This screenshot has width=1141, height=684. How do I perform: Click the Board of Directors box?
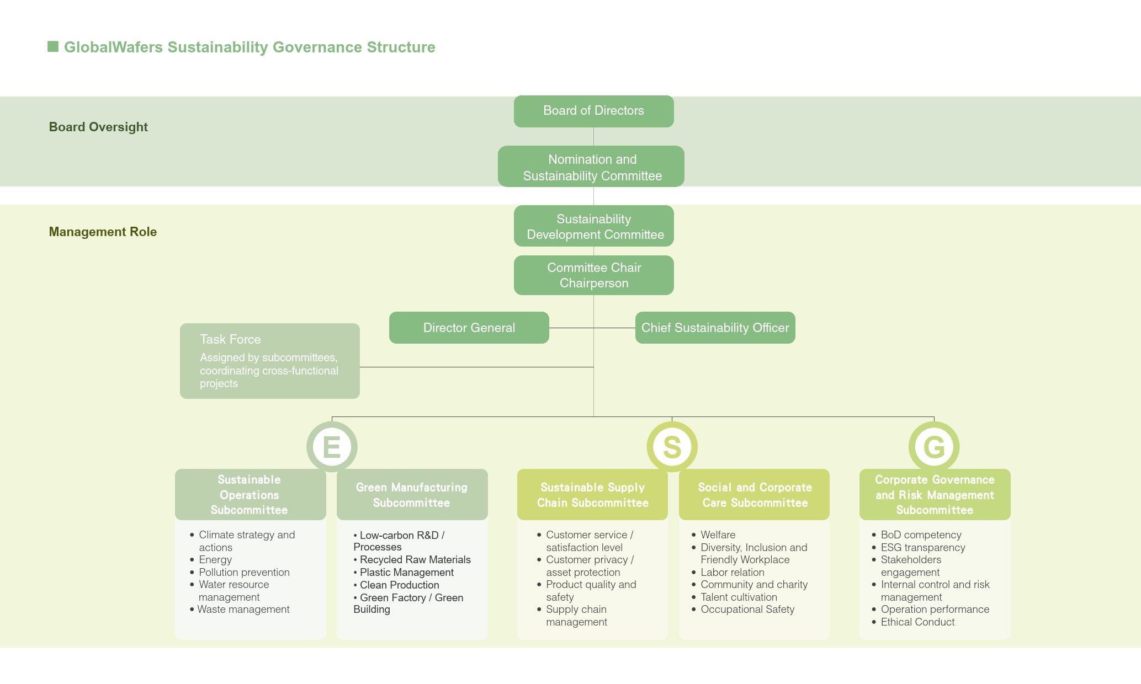(593, 111)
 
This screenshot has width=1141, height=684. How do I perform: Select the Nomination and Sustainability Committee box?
(591, 167)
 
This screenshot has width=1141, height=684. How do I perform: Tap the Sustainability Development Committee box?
(594, 226)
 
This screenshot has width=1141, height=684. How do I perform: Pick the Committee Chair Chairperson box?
(594, 275)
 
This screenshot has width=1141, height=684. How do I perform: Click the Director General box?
(469, 328)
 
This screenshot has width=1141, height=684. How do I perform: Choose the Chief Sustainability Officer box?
(715, 328)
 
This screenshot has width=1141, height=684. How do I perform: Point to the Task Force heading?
(230, 339)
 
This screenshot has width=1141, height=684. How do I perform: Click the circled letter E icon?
(332, 447)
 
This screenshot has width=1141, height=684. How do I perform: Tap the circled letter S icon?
(672, 447)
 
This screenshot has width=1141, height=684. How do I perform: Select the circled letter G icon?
(934, 447)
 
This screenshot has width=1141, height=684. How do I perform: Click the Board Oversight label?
(98, 127)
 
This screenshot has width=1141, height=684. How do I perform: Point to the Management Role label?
(103, 232)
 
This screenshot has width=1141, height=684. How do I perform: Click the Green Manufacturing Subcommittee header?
(412, 495)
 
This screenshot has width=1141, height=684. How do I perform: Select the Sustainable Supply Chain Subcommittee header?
(592, 495)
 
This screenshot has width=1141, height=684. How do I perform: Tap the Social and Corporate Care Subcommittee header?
(755, 495)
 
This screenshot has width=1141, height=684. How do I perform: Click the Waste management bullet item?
(243, 610)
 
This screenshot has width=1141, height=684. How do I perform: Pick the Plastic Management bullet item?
(406, 573)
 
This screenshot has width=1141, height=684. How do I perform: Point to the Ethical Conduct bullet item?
(917, 622)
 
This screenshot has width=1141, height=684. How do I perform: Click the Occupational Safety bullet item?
(747, 610)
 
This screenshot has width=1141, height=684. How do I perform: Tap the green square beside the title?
(53, 46)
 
